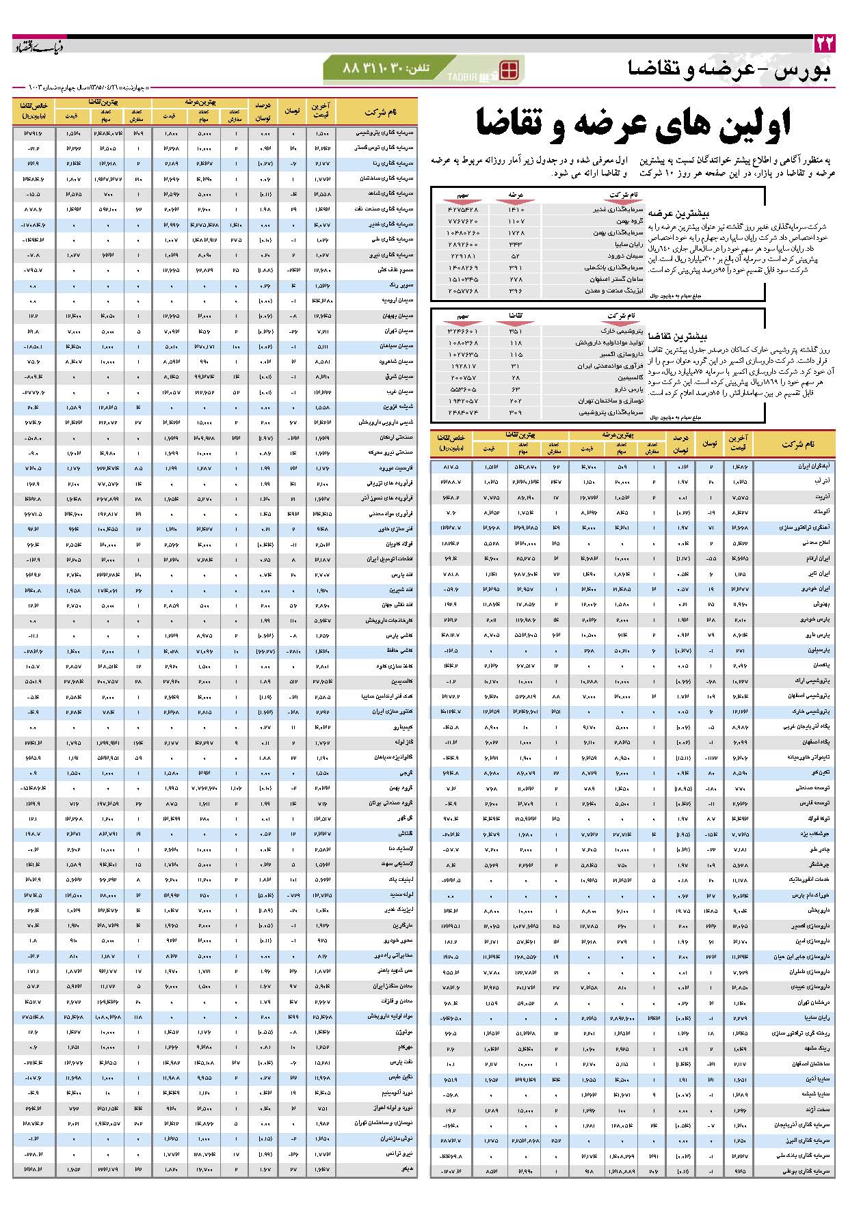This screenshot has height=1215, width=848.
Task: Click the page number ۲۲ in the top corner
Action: (824, 44)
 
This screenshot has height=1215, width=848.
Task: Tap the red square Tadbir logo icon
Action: (509, 70)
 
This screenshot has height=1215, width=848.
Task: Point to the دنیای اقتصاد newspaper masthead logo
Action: (39, 46)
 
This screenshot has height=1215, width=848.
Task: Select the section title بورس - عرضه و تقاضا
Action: (729, 70)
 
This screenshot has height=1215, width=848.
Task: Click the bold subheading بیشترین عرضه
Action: (685, 213)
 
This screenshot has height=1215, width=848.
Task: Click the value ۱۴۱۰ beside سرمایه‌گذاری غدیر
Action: (516, 209)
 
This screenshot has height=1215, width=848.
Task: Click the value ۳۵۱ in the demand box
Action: (516, 330)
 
